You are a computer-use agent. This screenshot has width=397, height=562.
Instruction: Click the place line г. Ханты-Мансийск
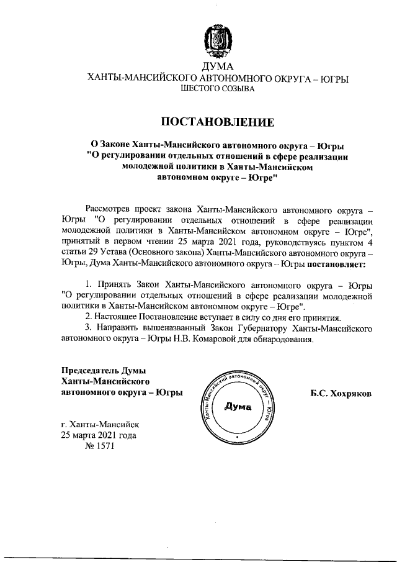[96, 424]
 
